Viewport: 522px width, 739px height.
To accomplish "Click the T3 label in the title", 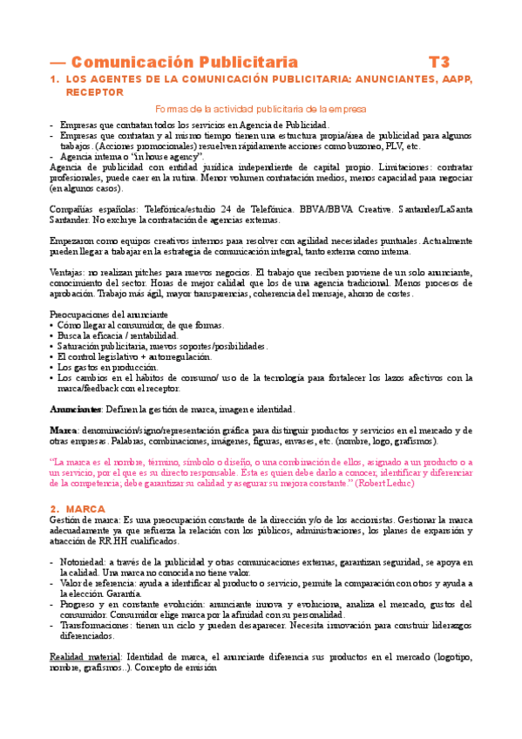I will pos(440,62).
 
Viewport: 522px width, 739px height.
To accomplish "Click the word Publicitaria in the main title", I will pos(248,62).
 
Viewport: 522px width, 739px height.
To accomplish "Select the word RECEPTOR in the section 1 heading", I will pos(94,92).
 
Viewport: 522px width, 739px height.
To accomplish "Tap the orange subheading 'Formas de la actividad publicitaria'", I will pos(261,109).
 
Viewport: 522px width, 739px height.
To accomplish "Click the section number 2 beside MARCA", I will pos(54,508).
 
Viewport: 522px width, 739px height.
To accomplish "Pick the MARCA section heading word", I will pos(85,508).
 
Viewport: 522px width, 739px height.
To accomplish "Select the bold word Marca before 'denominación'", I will pos(63,431).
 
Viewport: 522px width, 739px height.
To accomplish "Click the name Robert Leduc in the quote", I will pos(396,482).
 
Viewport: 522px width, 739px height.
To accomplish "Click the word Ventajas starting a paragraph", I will pos(68,272).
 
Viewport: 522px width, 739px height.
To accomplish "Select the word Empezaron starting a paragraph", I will pos(74,241).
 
